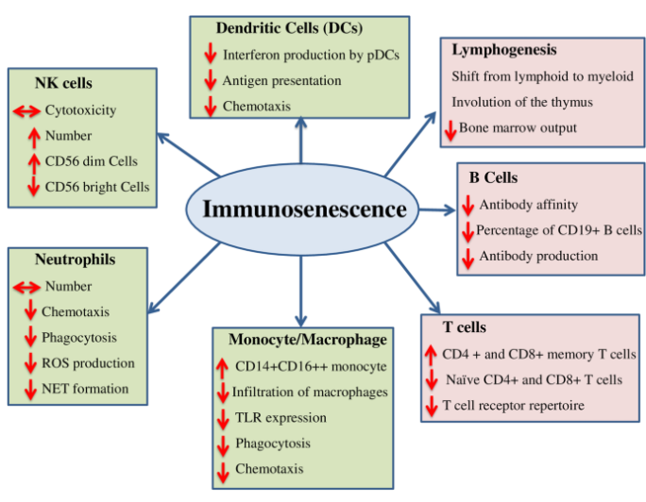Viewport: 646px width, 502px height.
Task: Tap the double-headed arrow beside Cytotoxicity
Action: [x=25, y=111]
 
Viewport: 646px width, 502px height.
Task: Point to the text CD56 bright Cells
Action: [x=96, y=187]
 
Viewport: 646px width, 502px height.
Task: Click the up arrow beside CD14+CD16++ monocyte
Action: [x=222, y=366]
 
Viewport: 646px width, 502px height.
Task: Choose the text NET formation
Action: [x=84, y=388]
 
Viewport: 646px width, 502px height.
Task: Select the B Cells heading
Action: [x=493, y=176]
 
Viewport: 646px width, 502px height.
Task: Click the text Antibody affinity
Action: [x=528, y=204]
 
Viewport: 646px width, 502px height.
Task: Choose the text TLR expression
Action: [x=280, y=417]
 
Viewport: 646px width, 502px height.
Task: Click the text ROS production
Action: [x=88, y=362]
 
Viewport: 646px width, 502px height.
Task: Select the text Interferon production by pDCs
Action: [x=311, y=56]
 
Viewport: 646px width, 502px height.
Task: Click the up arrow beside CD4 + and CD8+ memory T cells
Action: [x=432, y=355]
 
